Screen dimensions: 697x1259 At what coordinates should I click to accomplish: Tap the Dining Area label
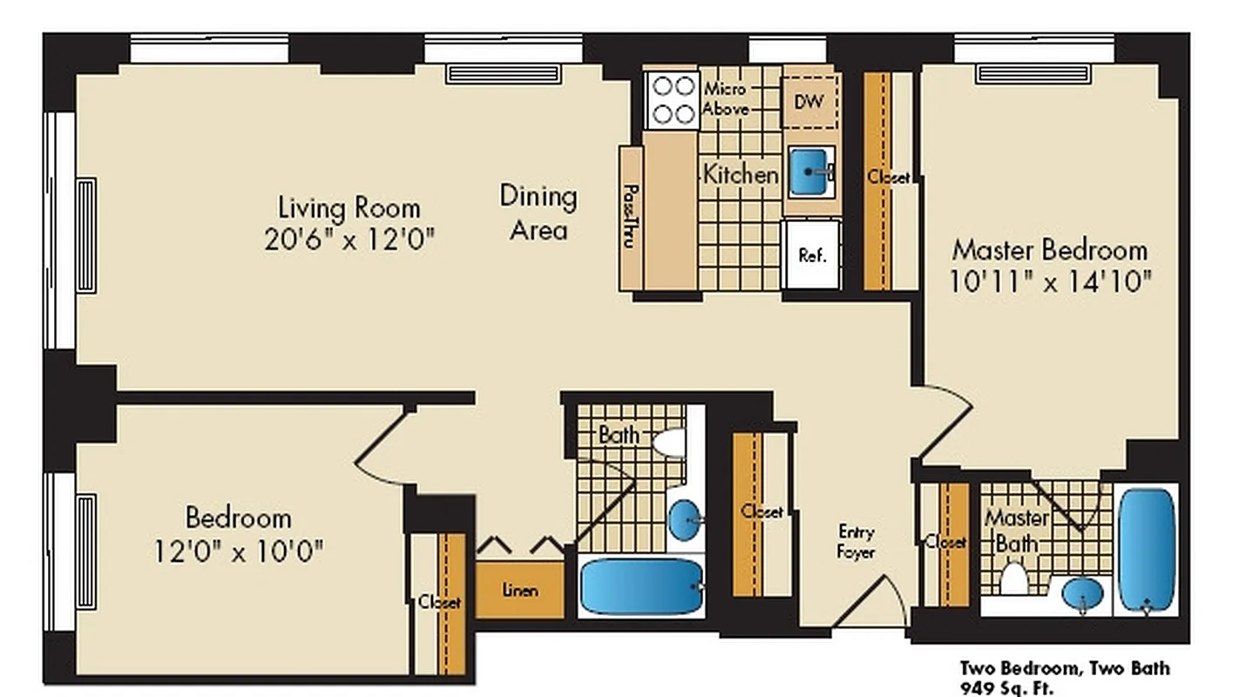pos(538,213)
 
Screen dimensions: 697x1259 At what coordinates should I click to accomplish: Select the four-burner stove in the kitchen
pos(672,100)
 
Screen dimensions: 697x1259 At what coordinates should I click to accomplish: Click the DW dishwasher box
pos(810,101)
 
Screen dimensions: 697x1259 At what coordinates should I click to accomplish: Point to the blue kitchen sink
pos(810,172)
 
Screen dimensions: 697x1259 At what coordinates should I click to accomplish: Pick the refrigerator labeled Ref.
pos(812,254)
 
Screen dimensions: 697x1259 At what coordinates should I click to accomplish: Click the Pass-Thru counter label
pos(630,218)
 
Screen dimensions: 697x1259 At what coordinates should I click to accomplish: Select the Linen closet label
pos(520,591)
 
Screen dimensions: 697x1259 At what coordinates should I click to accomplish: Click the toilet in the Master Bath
pos(1013,579)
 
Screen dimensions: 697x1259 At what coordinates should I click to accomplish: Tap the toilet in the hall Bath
pos(670,443)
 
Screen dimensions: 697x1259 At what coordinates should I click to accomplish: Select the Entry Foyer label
pos(856,541)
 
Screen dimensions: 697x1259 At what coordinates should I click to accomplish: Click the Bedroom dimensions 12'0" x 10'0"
pos(238,551)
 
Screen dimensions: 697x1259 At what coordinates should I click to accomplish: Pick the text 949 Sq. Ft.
pos(1006,688)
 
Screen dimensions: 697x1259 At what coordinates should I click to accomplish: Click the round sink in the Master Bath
pos(1082,594)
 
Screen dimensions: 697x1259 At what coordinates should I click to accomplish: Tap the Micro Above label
pos(725,99)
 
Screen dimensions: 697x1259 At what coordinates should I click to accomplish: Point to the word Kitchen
pos(741,174)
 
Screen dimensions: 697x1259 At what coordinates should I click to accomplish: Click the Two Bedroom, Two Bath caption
pos(1065,668)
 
